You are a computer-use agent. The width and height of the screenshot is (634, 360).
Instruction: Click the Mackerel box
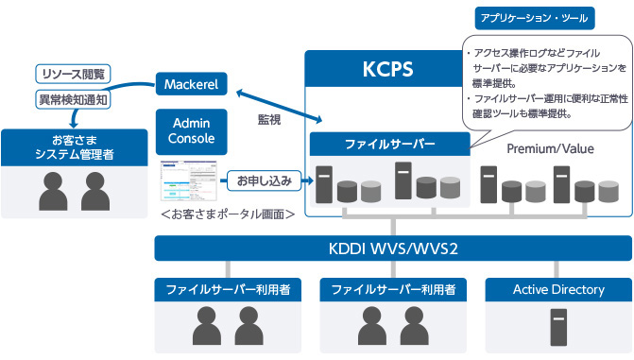click(192, 85)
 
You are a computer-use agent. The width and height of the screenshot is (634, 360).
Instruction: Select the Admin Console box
click(192, 130)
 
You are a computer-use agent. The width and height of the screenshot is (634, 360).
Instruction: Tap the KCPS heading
click(388, 71)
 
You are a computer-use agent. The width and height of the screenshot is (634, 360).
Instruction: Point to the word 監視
click(269, 119)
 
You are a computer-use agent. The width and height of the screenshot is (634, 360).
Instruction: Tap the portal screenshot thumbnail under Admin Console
click(190, 179)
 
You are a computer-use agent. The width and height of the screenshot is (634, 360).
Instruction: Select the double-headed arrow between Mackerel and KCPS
click(279, 104)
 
